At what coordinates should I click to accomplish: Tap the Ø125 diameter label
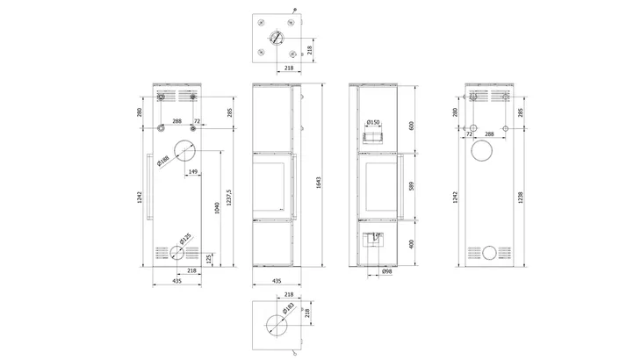pos(185,240)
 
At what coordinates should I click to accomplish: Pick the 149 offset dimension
pos(192,171)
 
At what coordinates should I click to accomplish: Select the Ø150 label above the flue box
pos(372,122)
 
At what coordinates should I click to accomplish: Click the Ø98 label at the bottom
pos(386,273)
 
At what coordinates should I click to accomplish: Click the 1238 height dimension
pos(521,197)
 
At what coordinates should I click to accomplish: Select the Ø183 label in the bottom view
pos(289,307)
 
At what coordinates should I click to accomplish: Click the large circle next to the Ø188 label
pos(184,150)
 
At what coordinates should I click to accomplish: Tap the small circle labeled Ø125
pos(178,252)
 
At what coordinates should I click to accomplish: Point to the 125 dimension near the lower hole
pos(208,258)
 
